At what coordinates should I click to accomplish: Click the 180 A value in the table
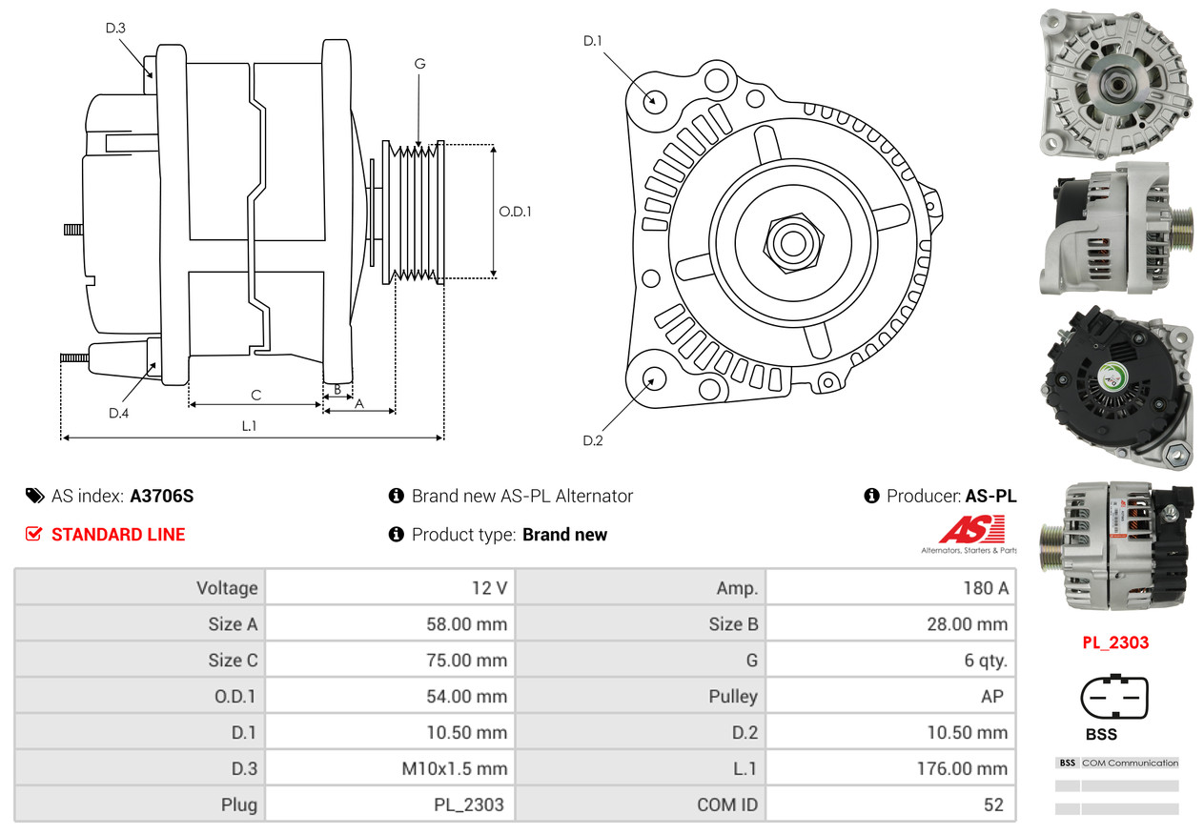click(x=985, y=588)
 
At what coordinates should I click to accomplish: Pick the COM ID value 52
click(x=993, y=804)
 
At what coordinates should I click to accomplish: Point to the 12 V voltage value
click(x=489, y=588)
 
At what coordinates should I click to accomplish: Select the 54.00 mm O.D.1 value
click(x=466, y=696)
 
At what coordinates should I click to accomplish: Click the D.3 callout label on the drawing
click(x=115, y=28)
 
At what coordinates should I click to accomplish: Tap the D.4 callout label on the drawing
click(x=118, y=413)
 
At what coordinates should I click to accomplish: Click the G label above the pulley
click(x=419, y=64)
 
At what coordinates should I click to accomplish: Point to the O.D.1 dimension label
click(x=515, y=212)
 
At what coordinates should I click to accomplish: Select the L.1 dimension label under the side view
click(x=249, y=426)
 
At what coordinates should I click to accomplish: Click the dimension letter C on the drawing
click(x=255, y=395)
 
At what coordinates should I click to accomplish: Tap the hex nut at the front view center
click(x=791, y=241)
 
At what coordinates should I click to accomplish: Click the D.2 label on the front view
click(x=593, y=440)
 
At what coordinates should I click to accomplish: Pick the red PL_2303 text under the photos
click(x=1114, y=642)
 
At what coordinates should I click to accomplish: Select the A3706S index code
click(x=162, y=496)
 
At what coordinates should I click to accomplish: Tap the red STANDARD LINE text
click(x=118, y=535)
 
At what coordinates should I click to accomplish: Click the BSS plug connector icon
click(x=1114, y=698)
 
